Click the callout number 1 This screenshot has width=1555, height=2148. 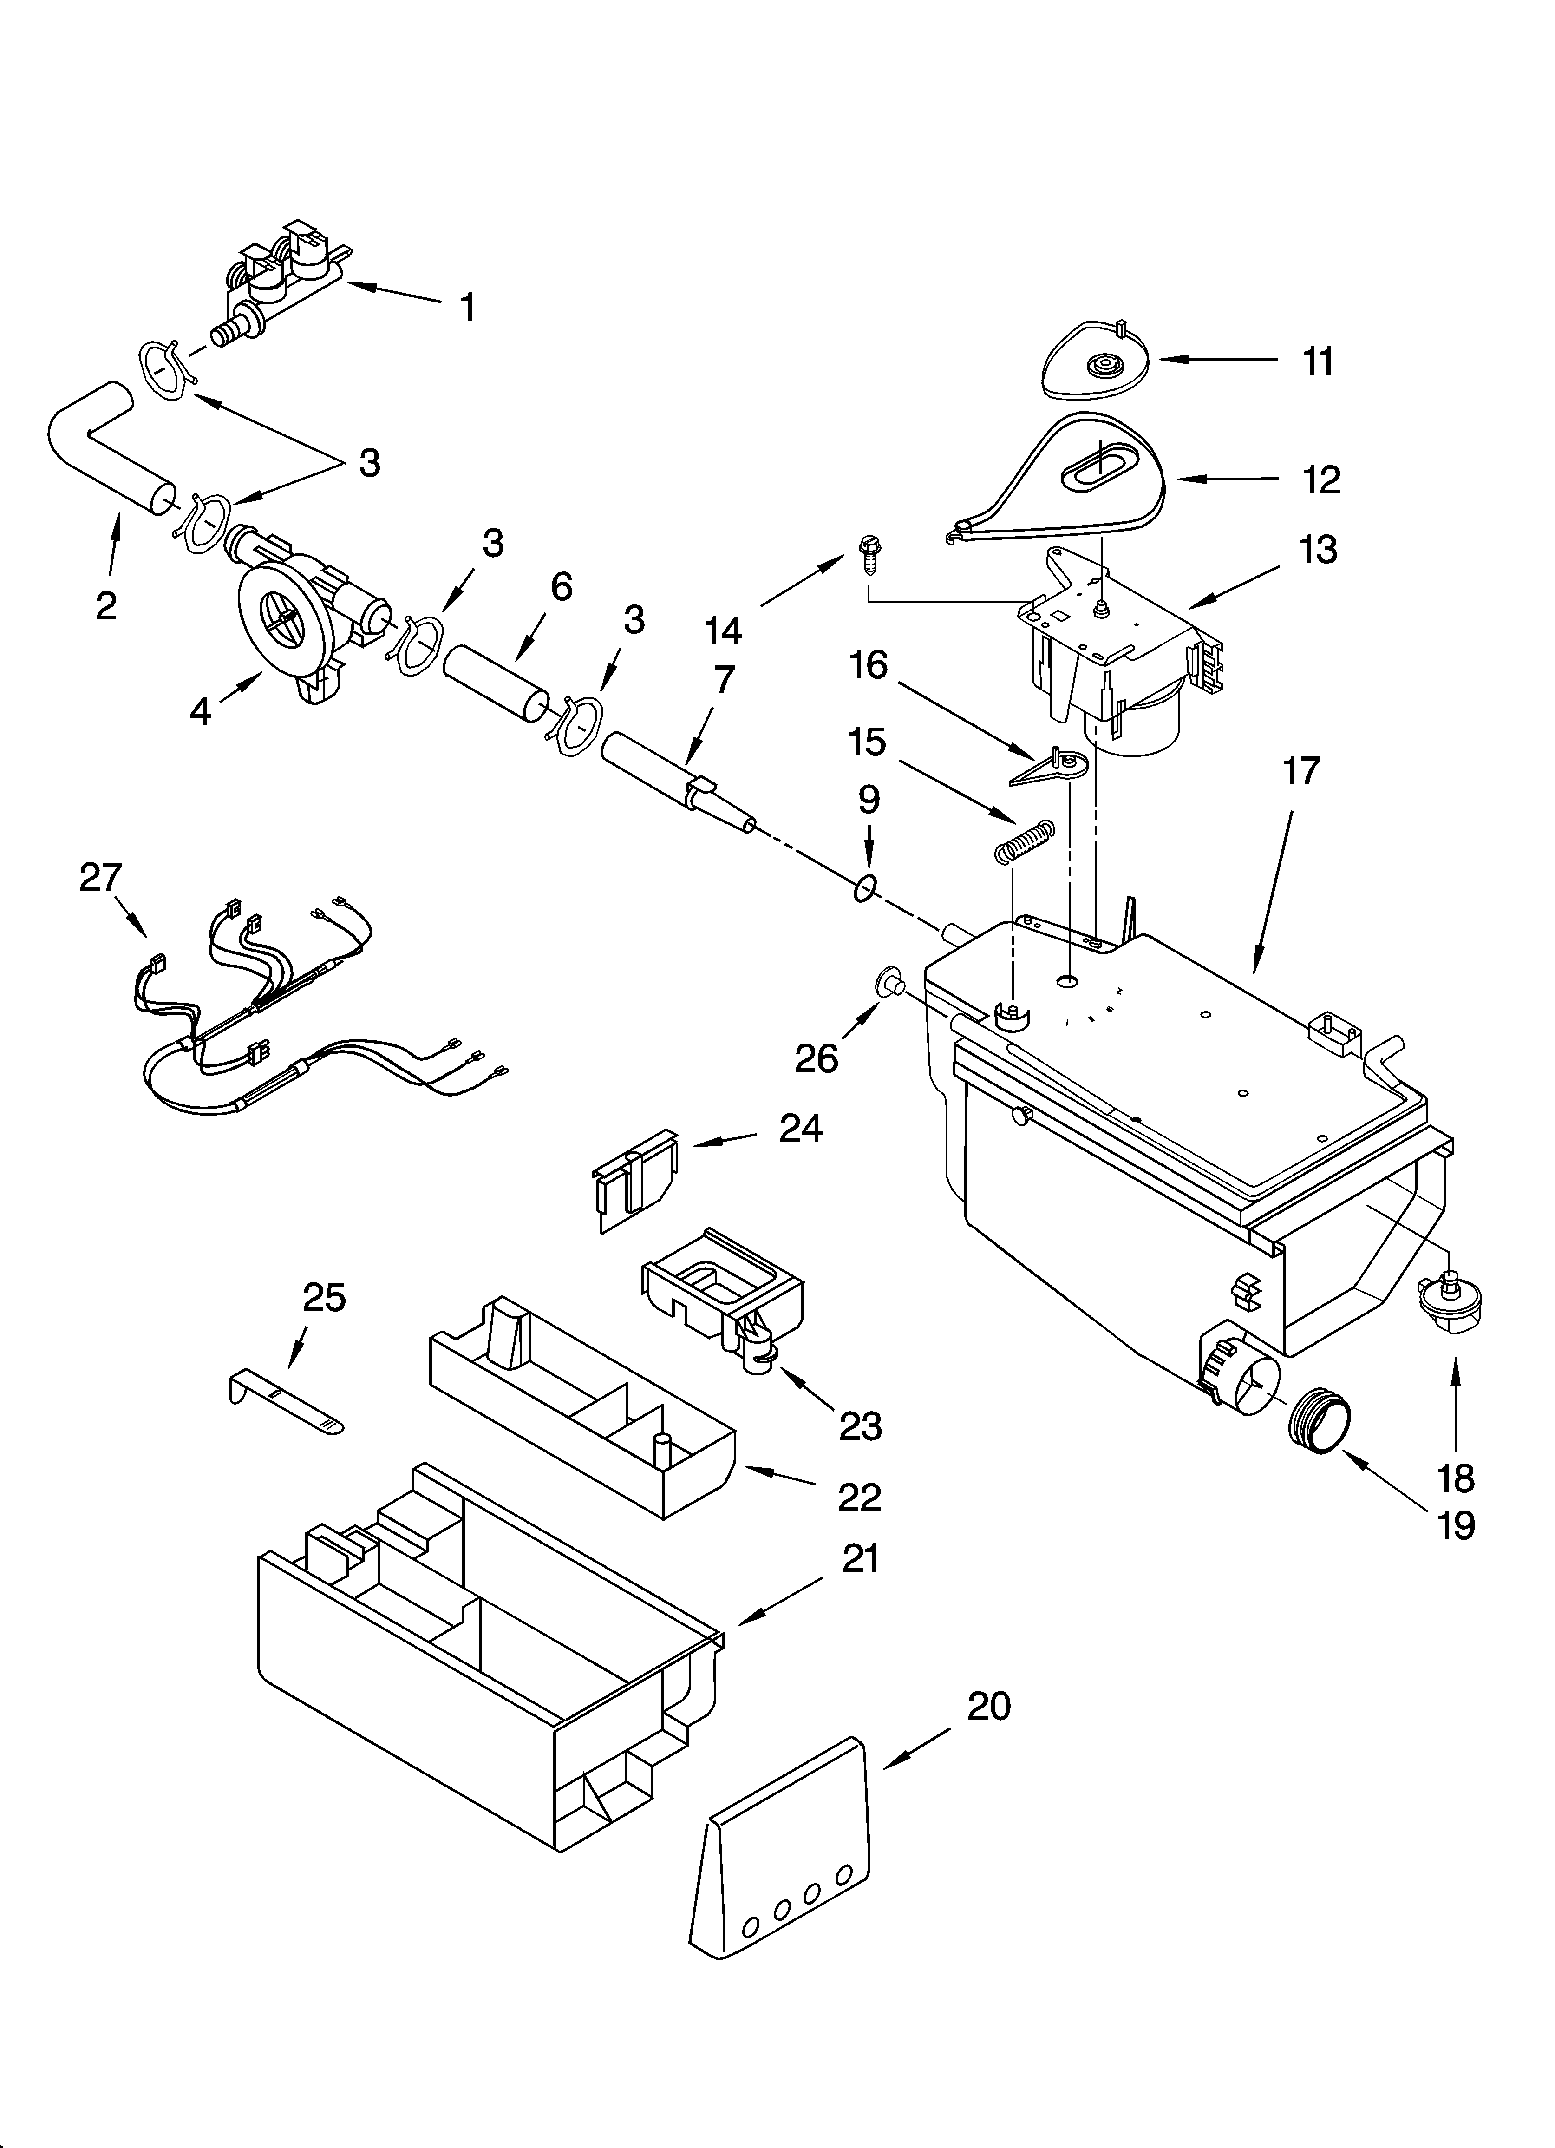point(467,308)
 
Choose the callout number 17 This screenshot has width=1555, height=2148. point(1301,772)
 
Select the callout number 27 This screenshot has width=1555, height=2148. point(100,877)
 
